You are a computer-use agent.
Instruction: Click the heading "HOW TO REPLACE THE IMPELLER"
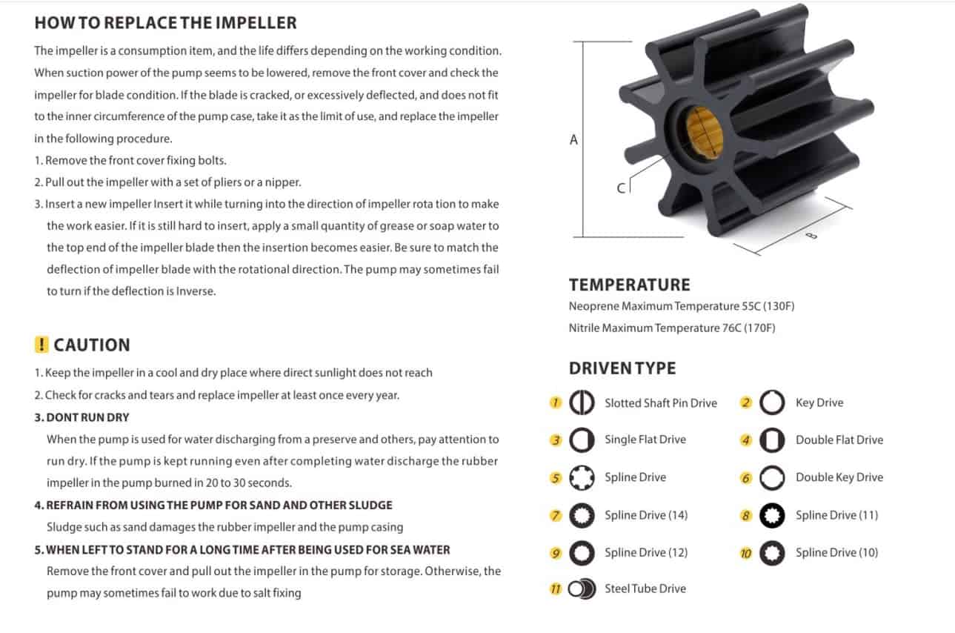click(165, 23)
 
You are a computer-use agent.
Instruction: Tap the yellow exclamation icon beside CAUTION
click(41, 345)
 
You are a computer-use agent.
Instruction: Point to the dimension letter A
click(574, 139)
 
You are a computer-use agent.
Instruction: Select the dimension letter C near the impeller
click(621, 188)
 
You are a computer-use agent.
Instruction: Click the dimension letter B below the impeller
click(812, 236)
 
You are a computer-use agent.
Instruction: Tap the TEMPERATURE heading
click(629, 285)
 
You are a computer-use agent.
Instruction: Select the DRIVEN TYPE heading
click(622, 368)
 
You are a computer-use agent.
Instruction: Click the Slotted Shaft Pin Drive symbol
click(582, 402)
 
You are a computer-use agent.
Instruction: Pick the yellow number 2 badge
click(745, 402)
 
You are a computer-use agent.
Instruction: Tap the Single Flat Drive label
click(645, 440)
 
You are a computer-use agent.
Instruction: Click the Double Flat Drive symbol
click(772, 440)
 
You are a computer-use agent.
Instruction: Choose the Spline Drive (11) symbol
click(772, 515)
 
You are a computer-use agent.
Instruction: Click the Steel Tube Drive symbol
click(582, 589)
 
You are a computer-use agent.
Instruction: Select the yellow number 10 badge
click(745, 553)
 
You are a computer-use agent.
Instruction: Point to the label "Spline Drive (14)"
click(646, 515)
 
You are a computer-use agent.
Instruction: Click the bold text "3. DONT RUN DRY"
click(81, 417)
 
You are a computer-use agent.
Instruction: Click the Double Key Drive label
click(839, 477)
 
